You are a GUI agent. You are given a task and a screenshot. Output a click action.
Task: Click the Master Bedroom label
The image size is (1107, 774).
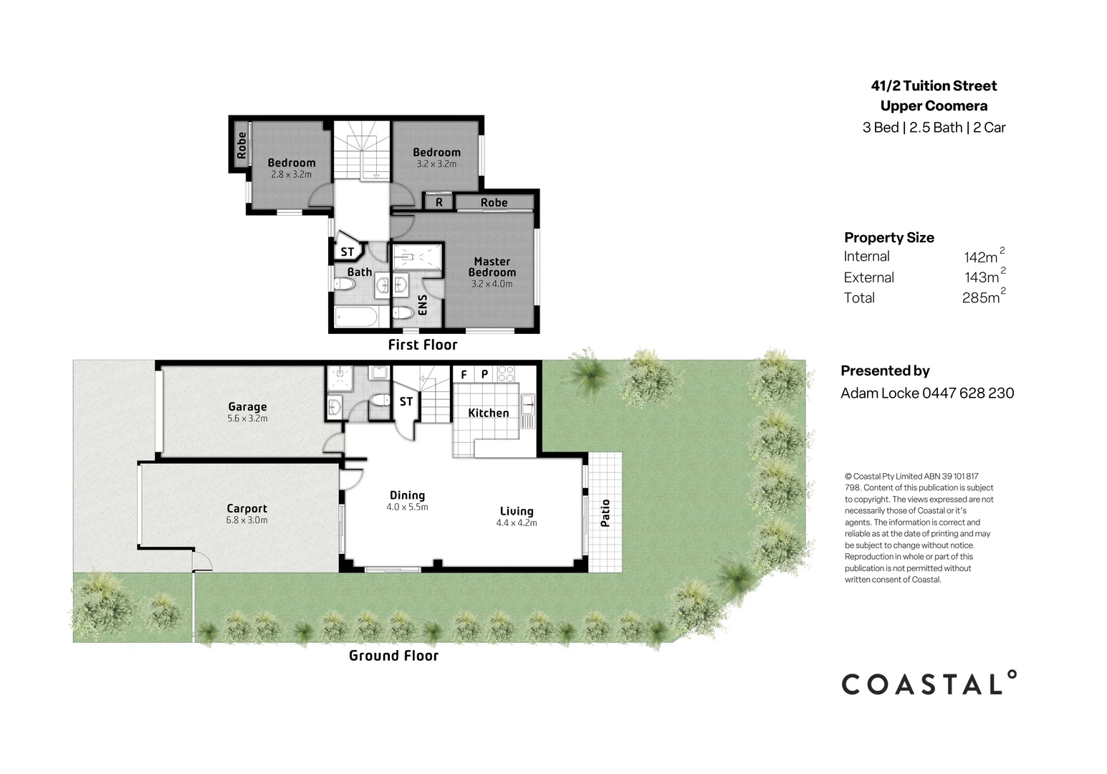pos(492,267)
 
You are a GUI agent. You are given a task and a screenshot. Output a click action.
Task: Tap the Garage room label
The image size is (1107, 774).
pos(247,406)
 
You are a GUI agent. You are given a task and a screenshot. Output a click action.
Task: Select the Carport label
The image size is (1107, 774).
pos(246,509)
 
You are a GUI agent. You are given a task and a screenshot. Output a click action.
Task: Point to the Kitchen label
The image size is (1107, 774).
pos(488,413)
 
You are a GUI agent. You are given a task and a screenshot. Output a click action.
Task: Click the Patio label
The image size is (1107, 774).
pos(605,513)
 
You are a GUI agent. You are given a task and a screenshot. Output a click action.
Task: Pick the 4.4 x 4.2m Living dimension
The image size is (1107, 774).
pos(516,523)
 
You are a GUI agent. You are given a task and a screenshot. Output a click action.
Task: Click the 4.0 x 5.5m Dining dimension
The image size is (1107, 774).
pos(407,507)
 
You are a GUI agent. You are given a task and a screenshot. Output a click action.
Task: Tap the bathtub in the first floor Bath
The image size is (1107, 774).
pos(356,316)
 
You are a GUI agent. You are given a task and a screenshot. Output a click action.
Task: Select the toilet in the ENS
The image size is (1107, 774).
pos(403,312)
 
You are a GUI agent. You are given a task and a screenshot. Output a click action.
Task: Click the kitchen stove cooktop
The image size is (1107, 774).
pos(506,374)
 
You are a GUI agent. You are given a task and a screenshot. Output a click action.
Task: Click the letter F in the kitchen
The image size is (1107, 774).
pos(464,375)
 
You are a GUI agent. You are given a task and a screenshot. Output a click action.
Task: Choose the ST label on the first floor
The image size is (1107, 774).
pos(347,252)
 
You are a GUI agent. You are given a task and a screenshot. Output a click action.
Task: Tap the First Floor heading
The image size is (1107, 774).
pos(422,345)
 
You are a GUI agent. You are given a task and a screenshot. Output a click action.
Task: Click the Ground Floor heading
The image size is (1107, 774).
pos(393,655)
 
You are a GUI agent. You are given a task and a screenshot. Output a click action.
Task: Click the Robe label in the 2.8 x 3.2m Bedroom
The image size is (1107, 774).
pos(241,145)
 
